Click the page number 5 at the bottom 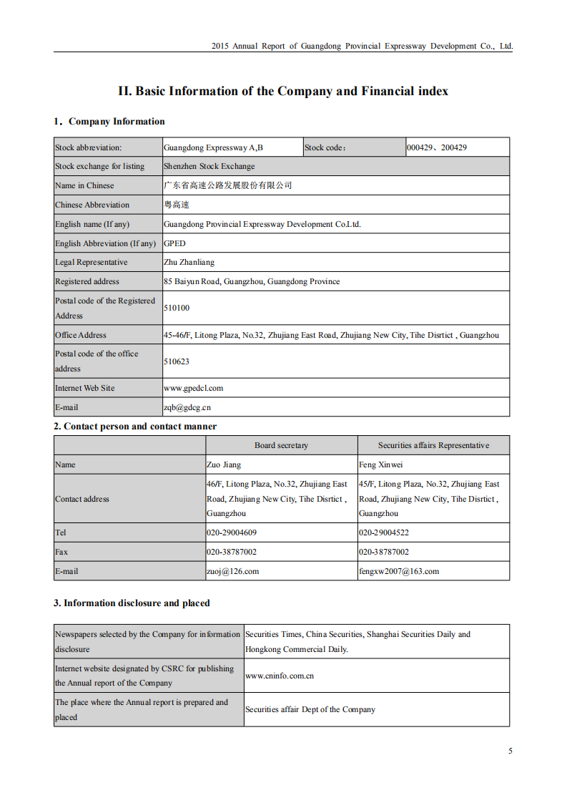pos(510,751)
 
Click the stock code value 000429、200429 pos(437,147)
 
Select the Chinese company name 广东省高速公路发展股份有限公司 pos(228,185)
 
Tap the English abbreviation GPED pos(174,243)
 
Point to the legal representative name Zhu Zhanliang pos(189,263)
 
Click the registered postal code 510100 pos(177,308)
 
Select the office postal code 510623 pos(177,361)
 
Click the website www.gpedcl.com pos(193,388)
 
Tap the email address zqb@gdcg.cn pos(187,407)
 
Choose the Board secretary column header pos(281,445)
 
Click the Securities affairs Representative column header pos(433,445)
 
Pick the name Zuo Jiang pos(224,464)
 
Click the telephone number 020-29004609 pos(232,532)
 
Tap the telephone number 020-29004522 pos(384,532)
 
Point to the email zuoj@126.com pos(232,571)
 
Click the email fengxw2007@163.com pos(399,571)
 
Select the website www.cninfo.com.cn pos(280,675)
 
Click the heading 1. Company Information pos(109,122)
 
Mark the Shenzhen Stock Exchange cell pos(209,166)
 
